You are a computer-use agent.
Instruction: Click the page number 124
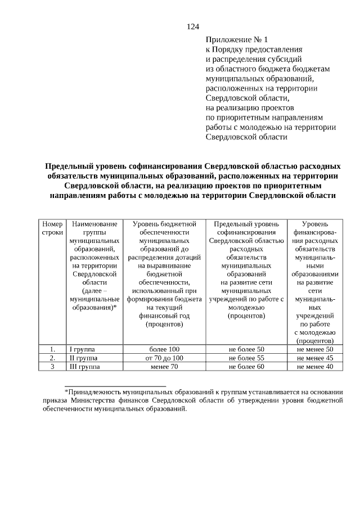coord(193,26)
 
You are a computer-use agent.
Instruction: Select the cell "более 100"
coord(164,349)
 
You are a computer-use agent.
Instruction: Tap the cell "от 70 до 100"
coord(164,358)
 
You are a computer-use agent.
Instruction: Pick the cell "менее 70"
coord(164,367)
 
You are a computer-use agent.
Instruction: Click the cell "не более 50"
coord(246,349)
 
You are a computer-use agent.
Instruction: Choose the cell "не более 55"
coord(246,358)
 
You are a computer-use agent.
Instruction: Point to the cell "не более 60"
coord(246,367)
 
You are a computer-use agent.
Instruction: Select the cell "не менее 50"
coord(315,349)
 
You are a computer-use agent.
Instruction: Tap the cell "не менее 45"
coord(315,358)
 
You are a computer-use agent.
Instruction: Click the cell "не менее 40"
coord(315,367)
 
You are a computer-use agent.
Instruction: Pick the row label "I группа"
coord(82,349)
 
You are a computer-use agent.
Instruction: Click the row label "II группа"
coord(83,358)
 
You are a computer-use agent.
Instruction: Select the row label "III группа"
coord(84,367)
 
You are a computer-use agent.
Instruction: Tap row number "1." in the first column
coord(52,349)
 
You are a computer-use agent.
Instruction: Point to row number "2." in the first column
coord(52,358)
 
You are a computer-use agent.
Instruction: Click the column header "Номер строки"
coord(52,228)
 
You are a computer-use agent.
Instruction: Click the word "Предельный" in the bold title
coord(70,166)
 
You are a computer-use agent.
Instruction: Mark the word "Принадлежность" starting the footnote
coord(93,391)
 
